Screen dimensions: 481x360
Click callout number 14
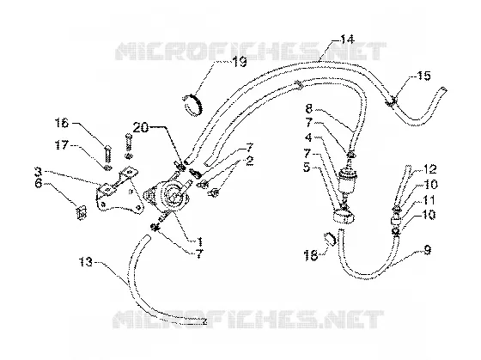(347, 40)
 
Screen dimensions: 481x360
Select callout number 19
(240, 63)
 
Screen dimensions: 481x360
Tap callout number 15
(423, 76)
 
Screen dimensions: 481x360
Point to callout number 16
(62, 123)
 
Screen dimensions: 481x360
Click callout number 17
(62, 145)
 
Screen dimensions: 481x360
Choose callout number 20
(141, 127)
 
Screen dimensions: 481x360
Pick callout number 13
(85, 262)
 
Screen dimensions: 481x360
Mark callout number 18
(311, 255)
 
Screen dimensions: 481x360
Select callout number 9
(427, 250)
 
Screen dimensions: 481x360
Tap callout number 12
(429, 169)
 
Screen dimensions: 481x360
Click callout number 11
(429, 200)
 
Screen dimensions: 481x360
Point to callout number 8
(309, 108)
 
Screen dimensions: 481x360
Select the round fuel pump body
(170, 197)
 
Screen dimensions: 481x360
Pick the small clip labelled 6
(82, 212)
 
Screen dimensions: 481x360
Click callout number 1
(199, 241)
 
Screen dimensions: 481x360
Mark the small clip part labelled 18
(329, 239)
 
